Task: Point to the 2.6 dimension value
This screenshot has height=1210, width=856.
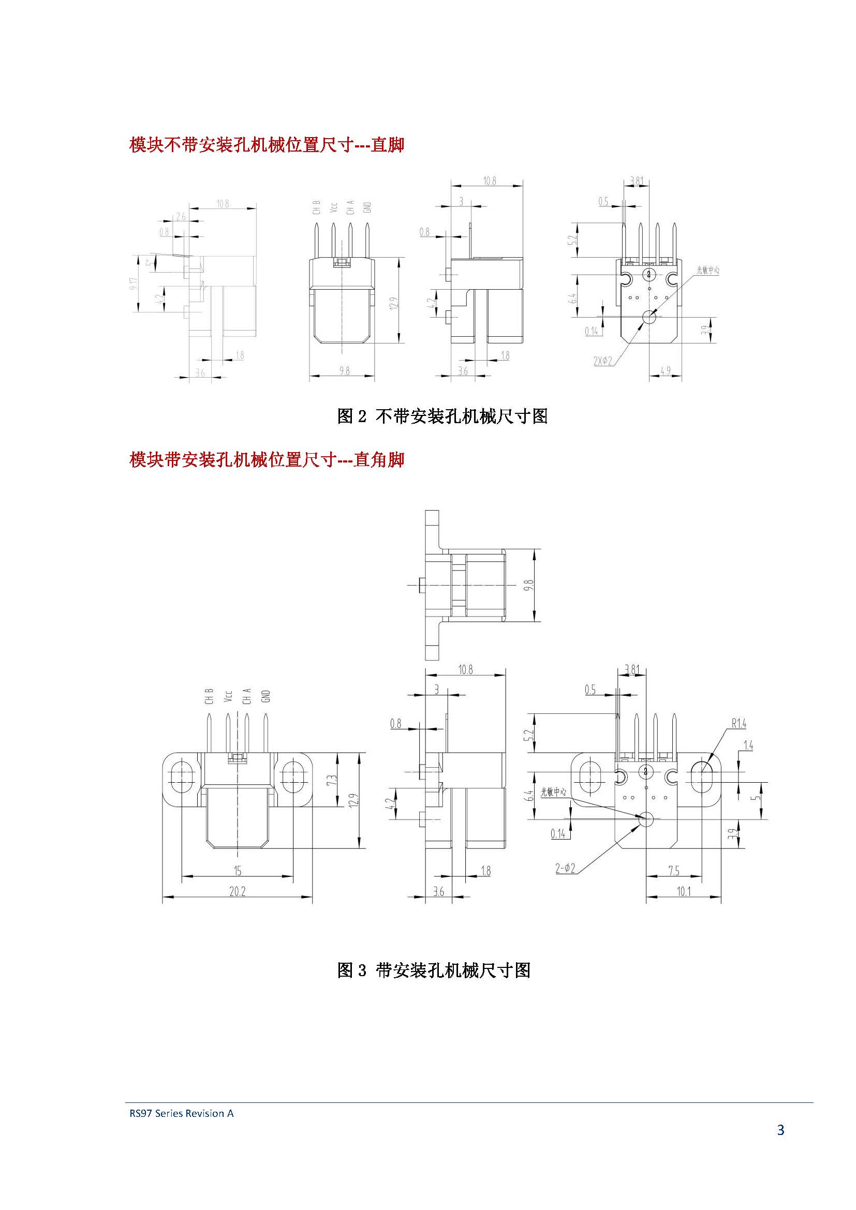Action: click(x=180, y=216)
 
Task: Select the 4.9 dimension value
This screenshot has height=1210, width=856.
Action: click(x=665, y=371)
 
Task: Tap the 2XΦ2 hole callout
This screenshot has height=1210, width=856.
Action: click(x=603, y=361)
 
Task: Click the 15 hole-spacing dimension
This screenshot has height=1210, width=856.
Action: click(x=237, y=871)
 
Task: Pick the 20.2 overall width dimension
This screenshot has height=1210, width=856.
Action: click(x=237, y=891)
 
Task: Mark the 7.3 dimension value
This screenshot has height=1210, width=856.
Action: click(x=332, y=780)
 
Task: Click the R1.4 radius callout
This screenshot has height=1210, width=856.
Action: click(x=739, y=724)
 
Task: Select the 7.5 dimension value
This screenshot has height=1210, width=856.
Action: click(x=674, y=871)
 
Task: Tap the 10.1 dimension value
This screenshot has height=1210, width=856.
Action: click(x=683, y=891)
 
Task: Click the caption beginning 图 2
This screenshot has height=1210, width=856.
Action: click(x=442, y=416)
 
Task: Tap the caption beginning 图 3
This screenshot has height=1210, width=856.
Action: click(x=434, y=970)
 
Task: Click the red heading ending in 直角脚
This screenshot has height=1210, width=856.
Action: click(x=267, y=459)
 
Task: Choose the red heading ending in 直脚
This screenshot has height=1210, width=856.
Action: click(x=267, y=144)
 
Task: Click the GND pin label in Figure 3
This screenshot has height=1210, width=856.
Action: click(x=265, y=696)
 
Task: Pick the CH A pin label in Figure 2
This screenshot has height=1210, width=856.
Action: click(x=350, y=207)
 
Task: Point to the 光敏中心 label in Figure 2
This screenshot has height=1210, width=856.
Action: click(x=707, y=270)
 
